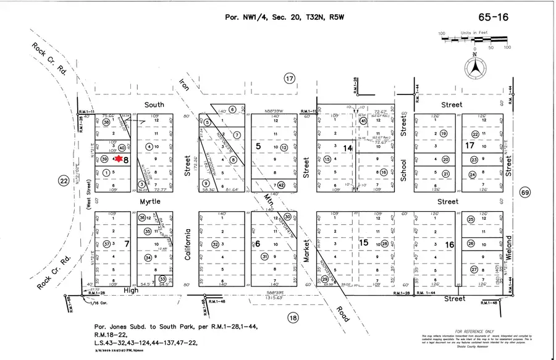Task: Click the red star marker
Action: [x=119, y=159]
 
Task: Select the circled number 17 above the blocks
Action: [x=289, y=78]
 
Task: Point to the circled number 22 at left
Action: [x=63, y=181]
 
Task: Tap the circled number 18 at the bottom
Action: [x=292, y=317]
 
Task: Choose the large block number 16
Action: [x=450, y=245]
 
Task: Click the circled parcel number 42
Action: [x=280, y=185]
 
